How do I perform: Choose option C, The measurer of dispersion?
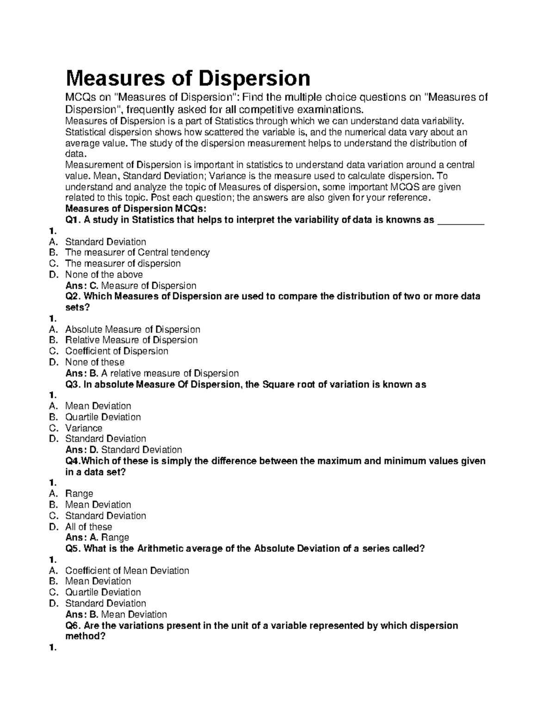tap(123, 263)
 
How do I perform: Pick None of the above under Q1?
tap(104, 275)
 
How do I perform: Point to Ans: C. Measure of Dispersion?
tap(131, 286)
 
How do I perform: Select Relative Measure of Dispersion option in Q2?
tap(131, 340)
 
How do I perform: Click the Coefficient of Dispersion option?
tap(117, 351)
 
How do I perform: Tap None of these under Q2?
tap(94, 362)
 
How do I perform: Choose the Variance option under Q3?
tap(84, 428)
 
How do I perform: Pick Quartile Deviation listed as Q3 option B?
tap(103, 417)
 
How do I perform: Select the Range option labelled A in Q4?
tap(79, 494)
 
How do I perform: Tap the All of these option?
tap(88, 527)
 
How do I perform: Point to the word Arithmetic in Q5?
tap(160, 549)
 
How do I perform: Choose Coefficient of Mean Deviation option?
tap(127, 571)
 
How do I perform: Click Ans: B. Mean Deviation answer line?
tap(116, 614)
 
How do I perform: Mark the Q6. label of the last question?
tap(74, 625)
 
